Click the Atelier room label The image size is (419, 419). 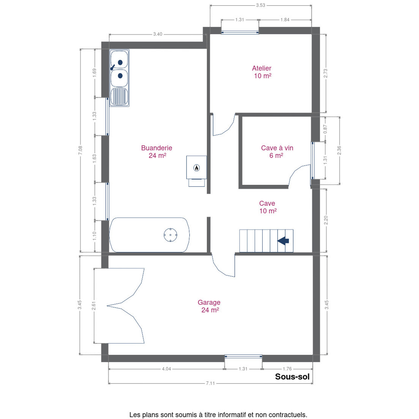tap(262, 68)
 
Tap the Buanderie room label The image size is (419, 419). tap(157, 148)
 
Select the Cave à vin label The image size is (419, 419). tap(277, 148)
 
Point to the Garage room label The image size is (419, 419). tap(209, 302)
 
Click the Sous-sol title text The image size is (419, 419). tap(292, 377)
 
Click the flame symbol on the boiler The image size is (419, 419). tap(197, 168)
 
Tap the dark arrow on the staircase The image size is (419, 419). tap(283, 241)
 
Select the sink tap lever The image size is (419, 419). tap(112, 68)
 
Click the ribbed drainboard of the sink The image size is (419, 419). tap(119, 96)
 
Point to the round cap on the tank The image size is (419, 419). tap(170, 235)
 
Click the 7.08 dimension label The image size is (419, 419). tap(80, 150)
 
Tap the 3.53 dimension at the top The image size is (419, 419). tap(260, 5)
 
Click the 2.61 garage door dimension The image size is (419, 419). tap(94, 306)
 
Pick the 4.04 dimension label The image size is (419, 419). tap(166, 369)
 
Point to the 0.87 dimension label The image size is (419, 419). tap(325, 129)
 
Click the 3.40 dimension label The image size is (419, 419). tap(158, 34)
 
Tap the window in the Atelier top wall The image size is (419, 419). tap(240, 33)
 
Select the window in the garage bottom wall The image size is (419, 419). tap(243, 356)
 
